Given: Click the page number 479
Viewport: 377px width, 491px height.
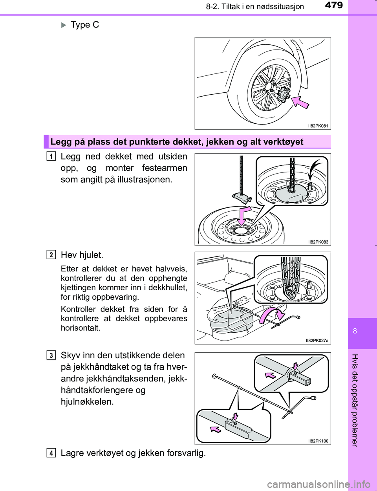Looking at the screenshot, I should (x=334, y=5).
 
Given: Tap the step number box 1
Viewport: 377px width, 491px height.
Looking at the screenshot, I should (x=51, y=156).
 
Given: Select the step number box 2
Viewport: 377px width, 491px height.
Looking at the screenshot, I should (x=51, y=255).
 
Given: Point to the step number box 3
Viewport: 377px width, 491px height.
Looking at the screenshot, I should (x=51, y=355).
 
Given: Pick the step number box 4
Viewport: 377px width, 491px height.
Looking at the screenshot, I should (x=51, y=453).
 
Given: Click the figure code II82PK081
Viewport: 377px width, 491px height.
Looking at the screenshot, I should (x=318, y=126).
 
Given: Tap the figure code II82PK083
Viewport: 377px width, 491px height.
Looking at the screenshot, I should (x=318, y=242).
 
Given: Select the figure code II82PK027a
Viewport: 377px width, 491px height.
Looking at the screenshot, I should (x=317, y=341).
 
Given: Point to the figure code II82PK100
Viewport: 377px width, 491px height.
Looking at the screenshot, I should (x=318, y=441).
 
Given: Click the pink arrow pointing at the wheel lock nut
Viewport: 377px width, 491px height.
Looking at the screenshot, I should (x=300, y=102).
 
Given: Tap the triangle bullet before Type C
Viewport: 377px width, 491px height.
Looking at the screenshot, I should (x=64, y=25).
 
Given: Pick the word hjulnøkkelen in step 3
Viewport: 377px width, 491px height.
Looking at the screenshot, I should (x=87, y=402).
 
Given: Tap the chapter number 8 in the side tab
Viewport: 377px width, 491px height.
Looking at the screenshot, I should (x=355, y=331).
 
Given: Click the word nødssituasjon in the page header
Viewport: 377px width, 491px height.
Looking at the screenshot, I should (x=280, y=7).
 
